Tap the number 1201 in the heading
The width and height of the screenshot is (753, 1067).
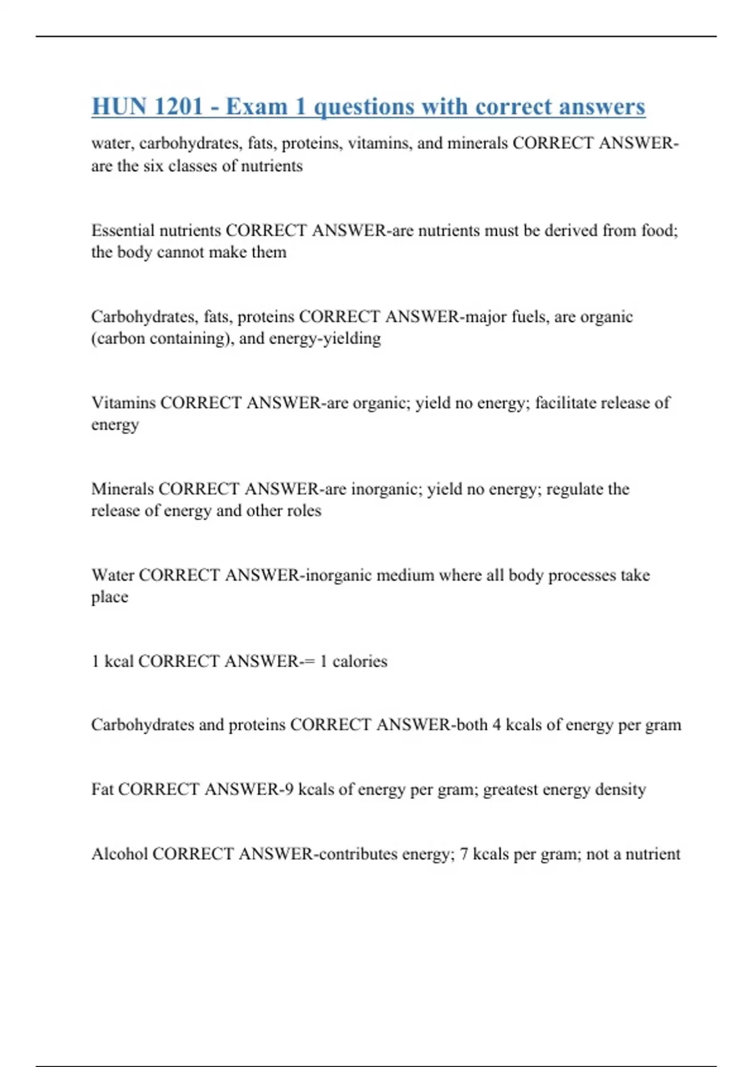tap(178, 107)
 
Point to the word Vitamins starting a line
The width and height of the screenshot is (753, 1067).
tap(123, 402)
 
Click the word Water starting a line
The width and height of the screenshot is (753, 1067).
tap(112, 575)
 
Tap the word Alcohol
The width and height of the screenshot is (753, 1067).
tap(119, 854)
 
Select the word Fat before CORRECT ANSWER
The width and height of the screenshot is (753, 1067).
tap(102, 789)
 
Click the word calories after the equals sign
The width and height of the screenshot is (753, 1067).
tap(360, 662)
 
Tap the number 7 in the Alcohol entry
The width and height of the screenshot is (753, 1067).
tap(464, 854)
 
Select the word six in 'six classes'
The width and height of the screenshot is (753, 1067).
tap(154, 166)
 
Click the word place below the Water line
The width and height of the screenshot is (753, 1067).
tap(109, 597)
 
